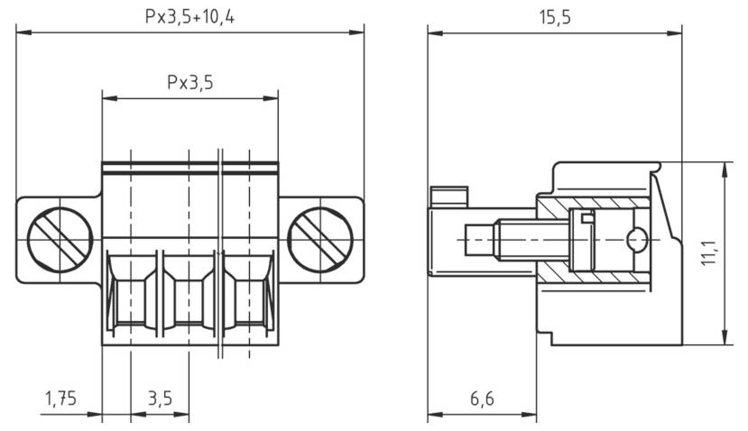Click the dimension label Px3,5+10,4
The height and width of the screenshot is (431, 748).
point(191,17)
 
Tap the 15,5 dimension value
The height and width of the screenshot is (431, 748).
point(554,17)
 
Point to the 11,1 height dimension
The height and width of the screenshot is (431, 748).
point(709,252)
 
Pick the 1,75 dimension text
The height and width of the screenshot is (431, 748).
point(60,398)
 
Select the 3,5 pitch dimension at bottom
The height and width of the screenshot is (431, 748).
point(160,398)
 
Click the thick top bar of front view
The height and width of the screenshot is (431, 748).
point(190,167)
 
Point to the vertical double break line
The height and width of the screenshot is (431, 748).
point(220,252)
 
